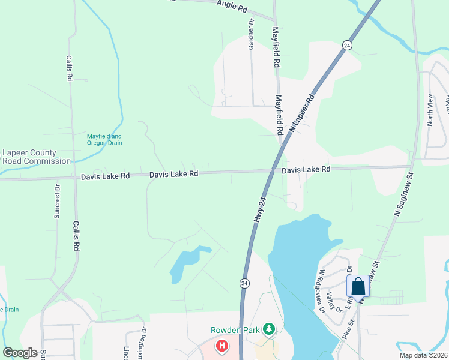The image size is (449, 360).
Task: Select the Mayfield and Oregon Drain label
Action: [x=104, y=139]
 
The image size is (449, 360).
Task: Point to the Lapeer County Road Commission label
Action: [x=37, y=157]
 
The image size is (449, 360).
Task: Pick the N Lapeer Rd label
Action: [x=301, y=113]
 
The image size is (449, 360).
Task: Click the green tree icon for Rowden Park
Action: [x=270, y=329]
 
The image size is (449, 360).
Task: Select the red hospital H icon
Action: [x=222, y=346]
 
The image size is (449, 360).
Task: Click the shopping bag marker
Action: [x=358, y=286]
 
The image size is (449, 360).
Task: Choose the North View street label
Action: [x=429, y=110]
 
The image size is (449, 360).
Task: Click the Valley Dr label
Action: [x=334, y=302]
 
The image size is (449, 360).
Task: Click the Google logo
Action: [x=20, y=353]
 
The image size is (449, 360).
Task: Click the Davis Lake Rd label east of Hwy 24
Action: [x=306, y=170]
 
